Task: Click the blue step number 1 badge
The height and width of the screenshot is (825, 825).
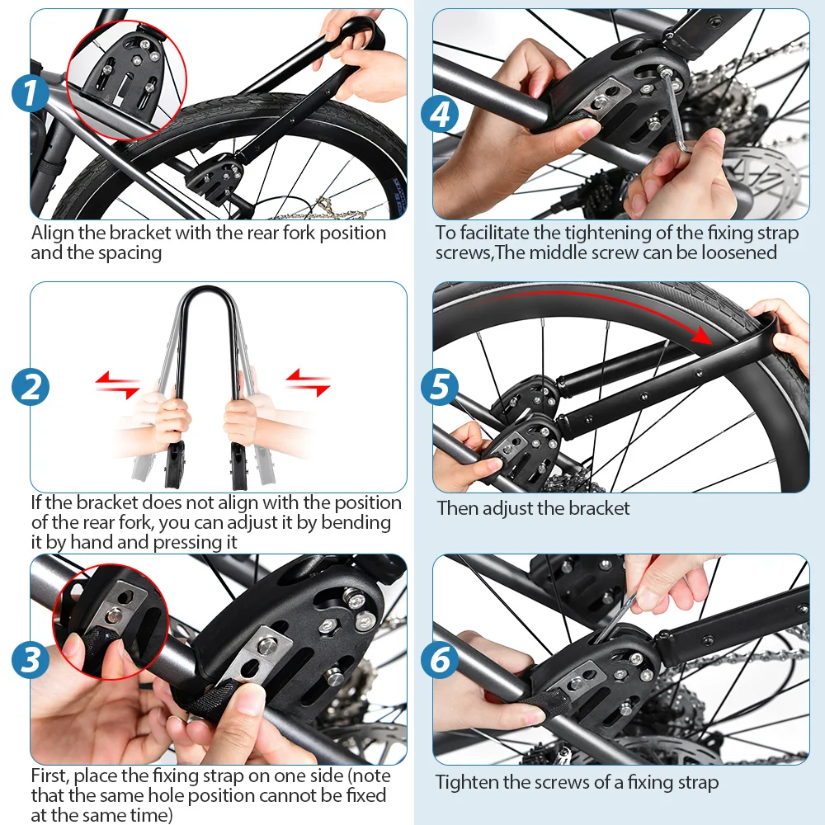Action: click(x=31, y=93)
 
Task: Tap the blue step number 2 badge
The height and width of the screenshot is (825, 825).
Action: click(x=31, y=387)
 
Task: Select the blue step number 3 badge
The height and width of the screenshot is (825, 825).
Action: click(x=31, y=659)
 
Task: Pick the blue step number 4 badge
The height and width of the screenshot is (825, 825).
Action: click(x=440, y=114)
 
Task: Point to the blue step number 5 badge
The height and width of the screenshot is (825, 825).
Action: click(x=440, y=387)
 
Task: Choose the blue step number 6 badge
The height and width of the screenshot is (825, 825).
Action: click(x=440, y=658)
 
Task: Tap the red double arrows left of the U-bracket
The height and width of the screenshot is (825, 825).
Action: click(x=117, y=384)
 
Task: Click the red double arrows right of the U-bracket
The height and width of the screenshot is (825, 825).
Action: click(x=309, y=383)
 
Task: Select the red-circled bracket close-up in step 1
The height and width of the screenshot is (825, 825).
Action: click(x=127, y=81)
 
